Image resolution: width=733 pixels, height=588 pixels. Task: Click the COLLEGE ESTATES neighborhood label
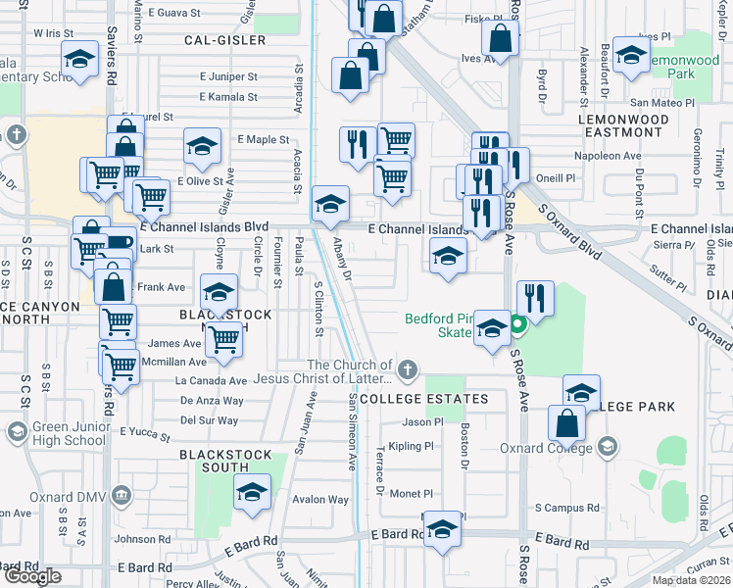(424, 399)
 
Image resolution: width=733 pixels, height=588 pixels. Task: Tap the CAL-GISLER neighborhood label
(224, 41)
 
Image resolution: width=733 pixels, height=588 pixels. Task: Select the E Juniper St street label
(227, 75)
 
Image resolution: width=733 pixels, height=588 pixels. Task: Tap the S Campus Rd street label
(566, 508)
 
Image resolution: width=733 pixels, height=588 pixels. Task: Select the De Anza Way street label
(212, 401)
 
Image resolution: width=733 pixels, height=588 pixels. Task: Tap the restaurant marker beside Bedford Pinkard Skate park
(535, 297)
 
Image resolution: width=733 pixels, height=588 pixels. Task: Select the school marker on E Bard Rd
(443, 530)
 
